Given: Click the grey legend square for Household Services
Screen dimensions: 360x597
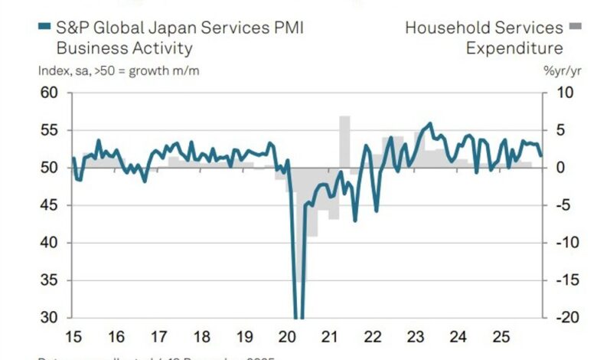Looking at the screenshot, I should tap(576, 28).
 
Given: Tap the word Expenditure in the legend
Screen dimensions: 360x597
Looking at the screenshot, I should tap(514, 48).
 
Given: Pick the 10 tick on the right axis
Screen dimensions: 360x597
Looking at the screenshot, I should tap(556, 93).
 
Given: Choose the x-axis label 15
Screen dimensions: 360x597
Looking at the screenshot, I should tap(73, 336).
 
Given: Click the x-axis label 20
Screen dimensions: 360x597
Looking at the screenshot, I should tap(286, 336).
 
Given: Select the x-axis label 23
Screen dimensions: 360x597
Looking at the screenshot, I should tap(415, 336).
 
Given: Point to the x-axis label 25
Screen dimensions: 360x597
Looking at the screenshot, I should tap(501, 336).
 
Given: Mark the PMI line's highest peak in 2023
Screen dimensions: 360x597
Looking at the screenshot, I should tap(430, 123).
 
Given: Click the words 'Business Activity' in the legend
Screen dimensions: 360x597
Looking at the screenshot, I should tap(124, 48).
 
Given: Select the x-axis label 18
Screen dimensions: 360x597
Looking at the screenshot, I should tap(201, 336).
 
